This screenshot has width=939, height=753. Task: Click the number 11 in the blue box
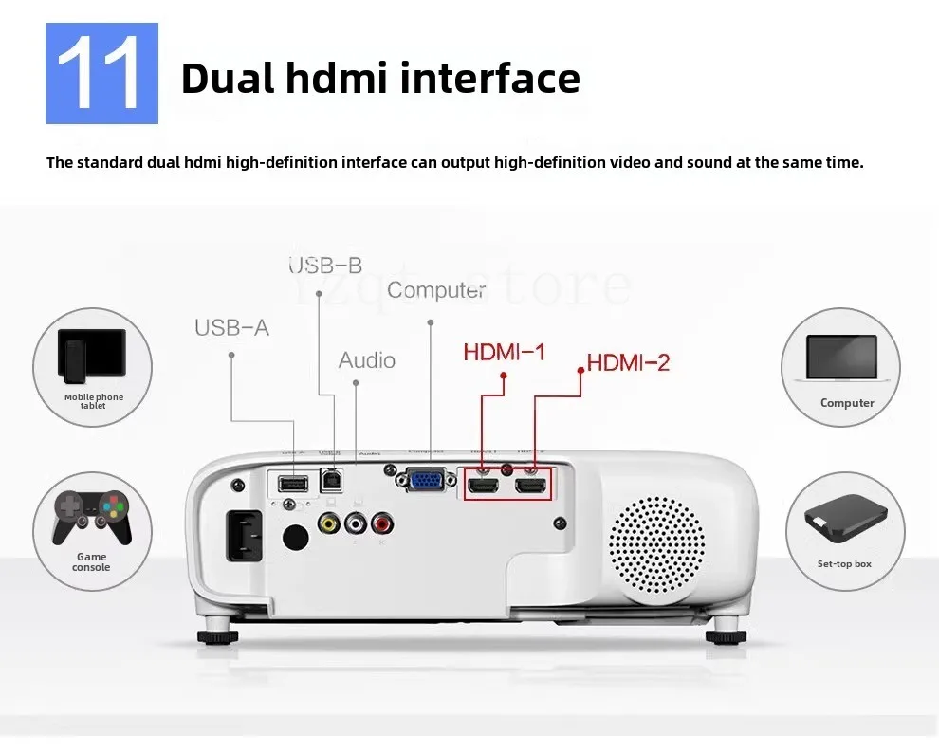pos(101,75)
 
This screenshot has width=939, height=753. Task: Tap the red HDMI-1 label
pos(504,353)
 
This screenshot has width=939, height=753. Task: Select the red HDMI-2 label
pos(628,361)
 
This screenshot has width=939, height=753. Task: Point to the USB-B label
pos(325,266)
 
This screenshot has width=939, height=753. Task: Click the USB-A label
pos(231,327)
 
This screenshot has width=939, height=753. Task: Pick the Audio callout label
pos(367,360)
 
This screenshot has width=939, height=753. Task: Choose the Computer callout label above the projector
pos(436,290)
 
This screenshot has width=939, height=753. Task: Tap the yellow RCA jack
pos(329,522)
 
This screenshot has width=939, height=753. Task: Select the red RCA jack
pos(383,522)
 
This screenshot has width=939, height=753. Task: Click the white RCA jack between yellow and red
pos(357,522)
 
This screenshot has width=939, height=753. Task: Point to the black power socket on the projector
pos(244,536)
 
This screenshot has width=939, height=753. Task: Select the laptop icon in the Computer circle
pos(840,358)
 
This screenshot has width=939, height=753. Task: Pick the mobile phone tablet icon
pos(92,352)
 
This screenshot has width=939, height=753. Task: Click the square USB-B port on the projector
pos(332,477)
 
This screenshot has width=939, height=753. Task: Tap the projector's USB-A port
pos(291,483)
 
